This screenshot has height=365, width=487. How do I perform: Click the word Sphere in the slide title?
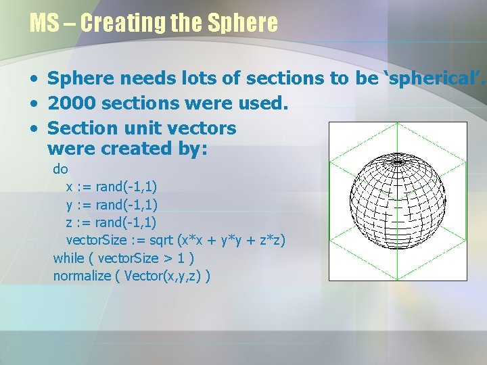[243, 23]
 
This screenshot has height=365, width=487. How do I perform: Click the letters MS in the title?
[45, 23]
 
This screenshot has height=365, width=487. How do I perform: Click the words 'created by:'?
[163, 148]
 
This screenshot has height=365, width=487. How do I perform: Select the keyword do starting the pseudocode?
[60, 169]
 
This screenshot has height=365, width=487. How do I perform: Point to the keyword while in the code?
[69, 258]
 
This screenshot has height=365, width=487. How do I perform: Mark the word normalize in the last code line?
[82, 276]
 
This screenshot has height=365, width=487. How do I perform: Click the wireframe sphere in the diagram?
[397, 200]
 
